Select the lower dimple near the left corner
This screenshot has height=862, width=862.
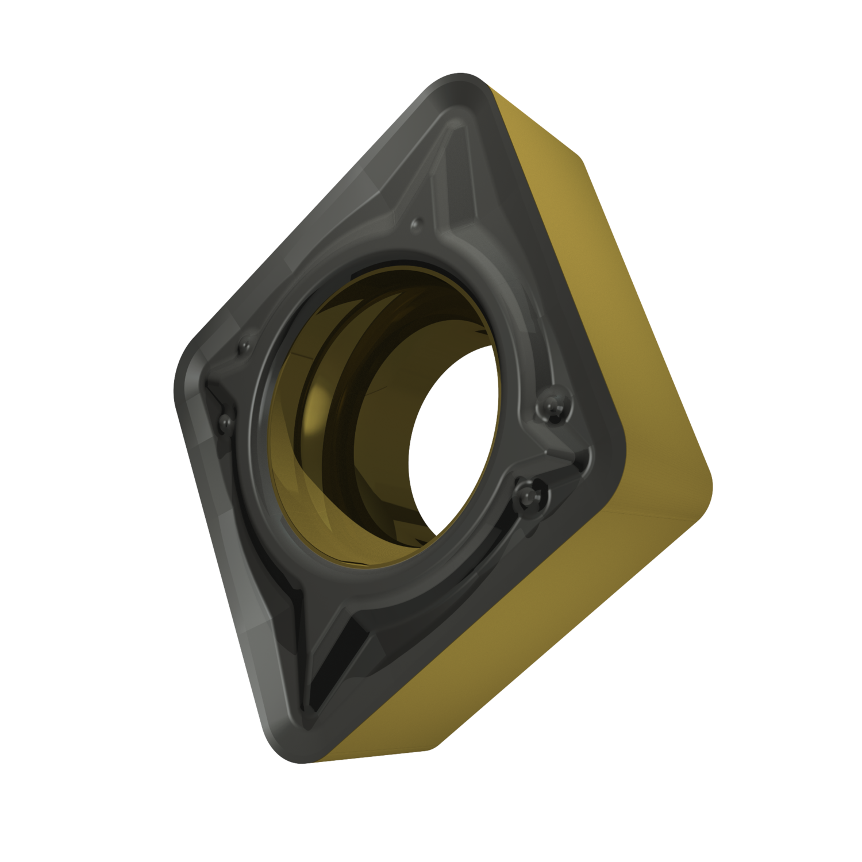[224, 424]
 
